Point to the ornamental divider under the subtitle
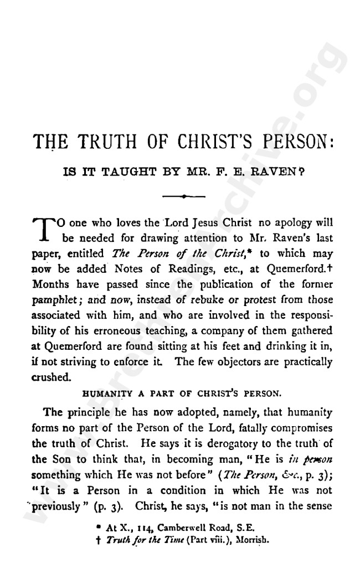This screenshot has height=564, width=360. [x=182, y=195]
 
